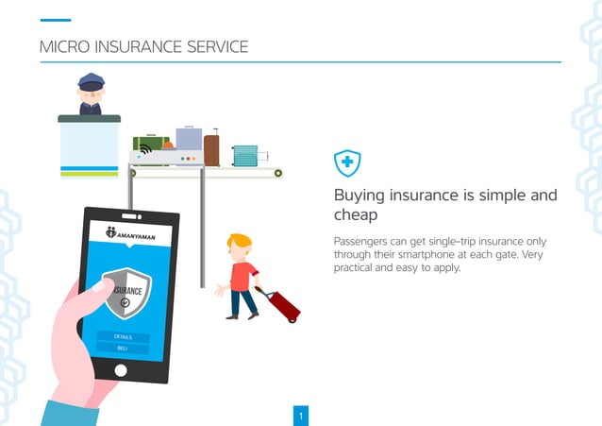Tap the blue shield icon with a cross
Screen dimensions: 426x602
[347, 164]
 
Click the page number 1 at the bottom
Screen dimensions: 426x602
[300, 416]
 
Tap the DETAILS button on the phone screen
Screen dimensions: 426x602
[123, 336]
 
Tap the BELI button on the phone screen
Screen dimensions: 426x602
[123, 349]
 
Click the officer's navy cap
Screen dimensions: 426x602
[91, 81]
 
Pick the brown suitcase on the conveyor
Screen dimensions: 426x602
[211, 149]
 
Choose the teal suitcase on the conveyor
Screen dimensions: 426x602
[244, 154]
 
